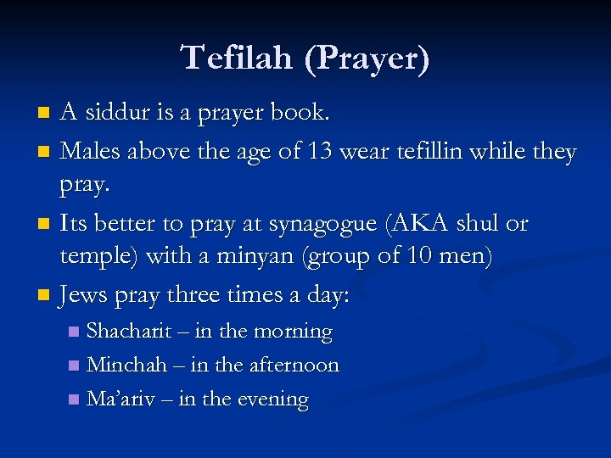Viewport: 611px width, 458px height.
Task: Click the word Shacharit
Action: [x=129, y=332]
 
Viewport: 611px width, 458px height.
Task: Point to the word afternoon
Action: [x=294, y=366]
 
